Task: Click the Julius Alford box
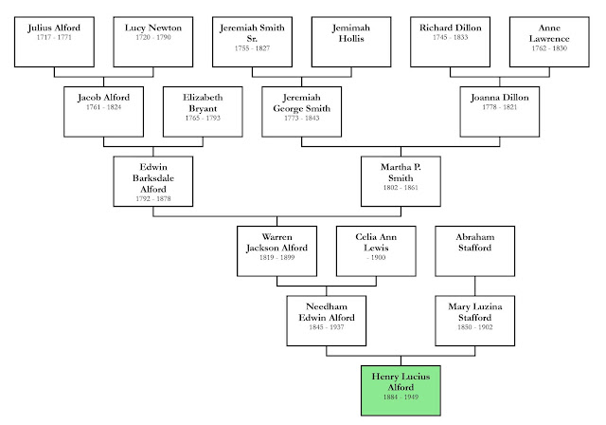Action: pyautogui.click(x=54, y=41)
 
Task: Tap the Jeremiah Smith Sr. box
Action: pyautogui.click(x=252, y=41)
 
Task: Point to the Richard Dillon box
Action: pyautogui.click(x=450, y=41)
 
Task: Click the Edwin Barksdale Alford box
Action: pyautogui.click(x=153, y=181)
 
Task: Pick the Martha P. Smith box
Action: pyautogui.click(x=400, y=181)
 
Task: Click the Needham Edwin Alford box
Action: pyautogui.click(x=327, y=318)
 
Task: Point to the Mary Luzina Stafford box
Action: pyautogui.click(x=473, y=318)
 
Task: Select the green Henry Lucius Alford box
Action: pyautogui.click(x=400, y=386)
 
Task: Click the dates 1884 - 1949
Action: pyautogui.click(x=400, y=398)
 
